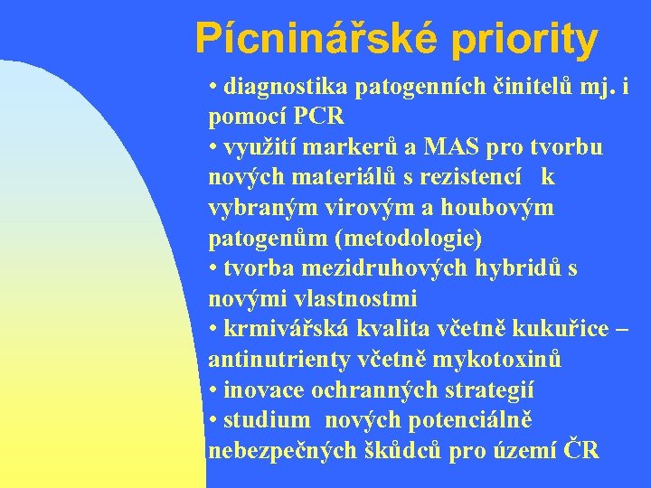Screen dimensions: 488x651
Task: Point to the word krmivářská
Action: (x=288, y=329)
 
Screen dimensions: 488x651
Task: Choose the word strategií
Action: (x=488, y=389)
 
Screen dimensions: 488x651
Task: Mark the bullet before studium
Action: (x=212, y=420)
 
